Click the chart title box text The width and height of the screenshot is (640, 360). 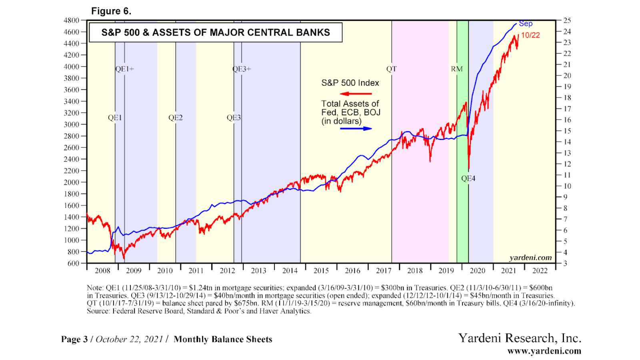(x=216, y=32)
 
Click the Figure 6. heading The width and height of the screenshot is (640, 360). (x=111, y=11)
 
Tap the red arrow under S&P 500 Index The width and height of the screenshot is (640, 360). (x=356, y=94)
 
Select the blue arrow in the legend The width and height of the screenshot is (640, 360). (x=356, y=129)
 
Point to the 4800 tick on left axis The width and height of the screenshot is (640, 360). (x=72, y=20)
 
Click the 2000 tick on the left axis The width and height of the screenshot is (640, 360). (x=72, y=182)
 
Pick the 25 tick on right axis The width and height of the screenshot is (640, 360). (x=567, y=20)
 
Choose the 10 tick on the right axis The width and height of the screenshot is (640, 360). (x=567, y=186)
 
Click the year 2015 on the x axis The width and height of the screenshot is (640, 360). (x=321, y=271)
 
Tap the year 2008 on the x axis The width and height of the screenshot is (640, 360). (x=102, y=271)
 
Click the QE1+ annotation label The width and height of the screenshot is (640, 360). (x=124, y=69)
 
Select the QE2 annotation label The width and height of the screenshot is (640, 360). (x=175, y=118)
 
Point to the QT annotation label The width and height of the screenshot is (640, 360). (x=391, y=69)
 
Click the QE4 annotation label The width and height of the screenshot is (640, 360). (x=468, y=178)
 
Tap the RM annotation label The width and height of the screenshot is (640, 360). (x=456, y=69)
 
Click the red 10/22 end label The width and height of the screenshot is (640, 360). (x=530, y=35)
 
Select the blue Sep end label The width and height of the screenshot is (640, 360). (x=526, y=24)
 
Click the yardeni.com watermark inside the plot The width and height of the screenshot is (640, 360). (x=530, y=258)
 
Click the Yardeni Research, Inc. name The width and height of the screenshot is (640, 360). (x=520, y=338)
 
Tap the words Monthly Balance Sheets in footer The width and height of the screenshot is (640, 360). (x=223, y=340)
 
